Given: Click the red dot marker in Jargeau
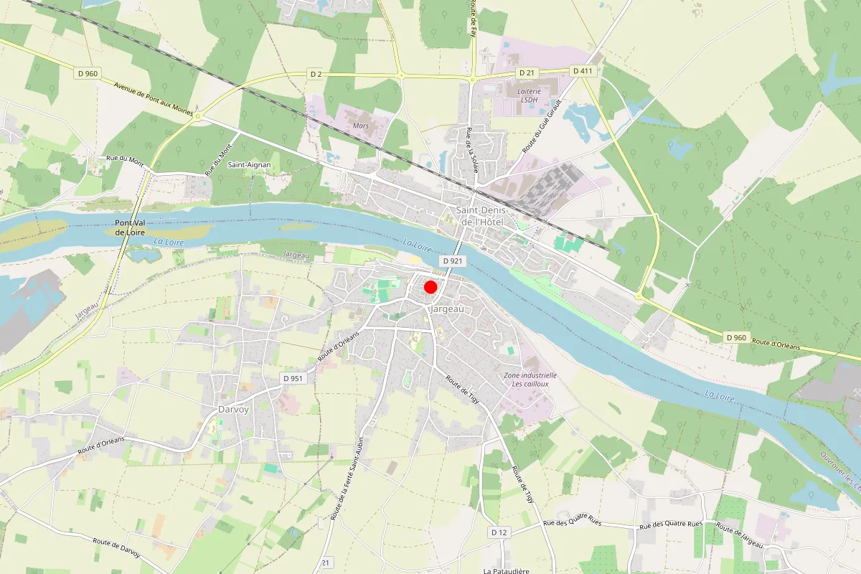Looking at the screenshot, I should pos(430,287).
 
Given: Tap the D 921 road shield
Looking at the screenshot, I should pos(451,261).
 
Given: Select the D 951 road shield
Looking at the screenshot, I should pos(293,378).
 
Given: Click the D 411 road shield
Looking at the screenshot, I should pos(582,70).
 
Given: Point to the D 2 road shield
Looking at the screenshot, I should pos(315,74).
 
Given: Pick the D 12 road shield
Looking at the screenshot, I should pos(499,532).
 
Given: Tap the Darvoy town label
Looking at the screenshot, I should pos(232,410).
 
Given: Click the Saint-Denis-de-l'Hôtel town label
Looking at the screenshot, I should pos(483,216).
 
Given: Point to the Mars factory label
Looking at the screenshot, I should pos(361,126).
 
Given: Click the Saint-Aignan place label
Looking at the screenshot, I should pos(250,164).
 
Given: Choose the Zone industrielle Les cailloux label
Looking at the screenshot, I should pos(530,380).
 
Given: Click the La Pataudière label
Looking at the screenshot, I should pos(506,571).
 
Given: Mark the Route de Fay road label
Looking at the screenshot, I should pos(474,18).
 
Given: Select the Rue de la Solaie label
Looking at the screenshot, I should pos(472,150).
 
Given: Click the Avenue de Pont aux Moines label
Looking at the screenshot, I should pos(154,97).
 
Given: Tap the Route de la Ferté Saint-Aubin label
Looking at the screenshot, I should pos(346,479).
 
